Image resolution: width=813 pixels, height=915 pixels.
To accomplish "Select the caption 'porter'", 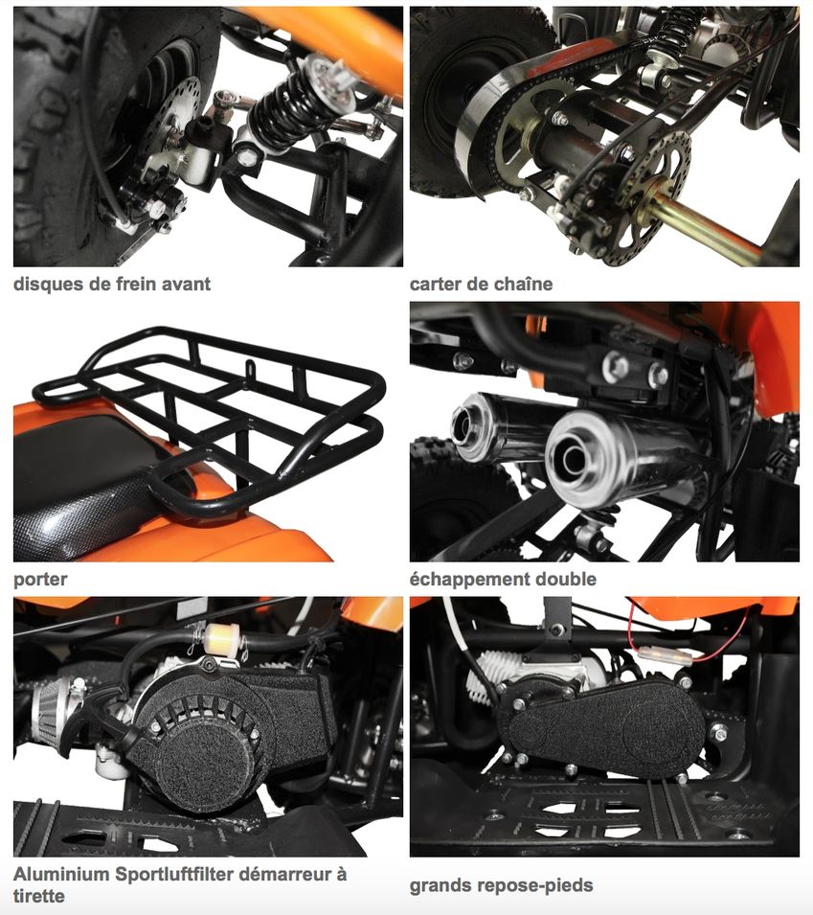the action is pyautogui.click(x=40, y=580).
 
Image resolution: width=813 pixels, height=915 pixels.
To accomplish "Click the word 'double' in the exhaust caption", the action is pyautogui.click(x=566, y=579).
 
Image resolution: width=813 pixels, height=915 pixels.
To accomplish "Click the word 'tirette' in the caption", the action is pyautogui.click(x=39, y=896).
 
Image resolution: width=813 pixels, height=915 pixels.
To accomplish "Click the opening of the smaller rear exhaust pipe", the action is pyautogui.click(x=465, y=424).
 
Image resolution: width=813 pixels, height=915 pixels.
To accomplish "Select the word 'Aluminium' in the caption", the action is pyautogui.click(x=61, y=874).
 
